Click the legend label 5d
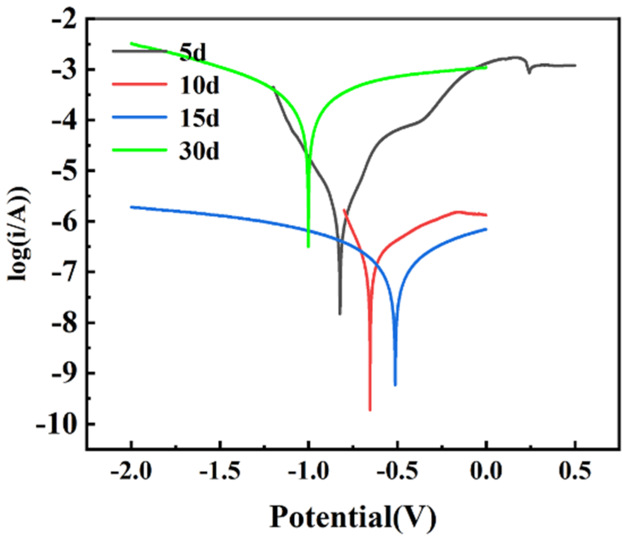pos(193,52)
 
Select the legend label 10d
pos(199,85)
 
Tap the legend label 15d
pos(199,118)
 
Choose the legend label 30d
pos(199,151)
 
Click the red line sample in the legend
pos(139,84)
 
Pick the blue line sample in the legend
pos(139,117)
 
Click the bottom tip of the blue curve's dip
pos(395,385)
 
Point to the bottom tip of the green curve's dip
pos(308,247)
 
